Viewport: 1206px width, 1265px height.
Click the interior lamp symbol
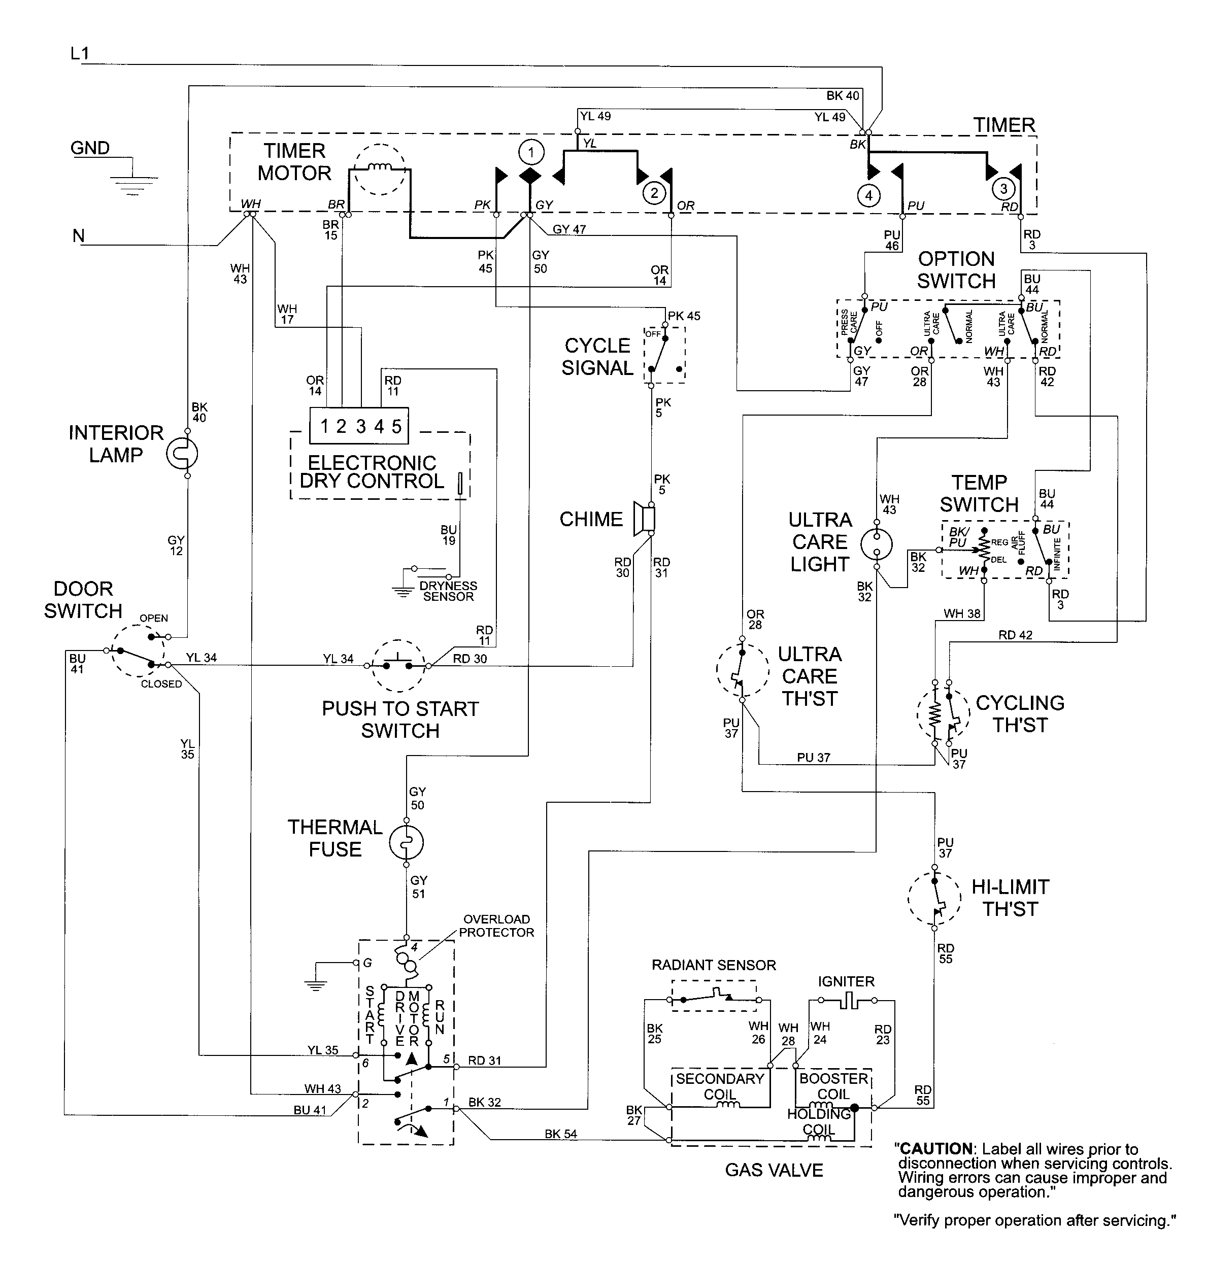182,454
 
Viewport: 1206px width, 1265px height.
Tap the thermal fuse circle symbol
406,843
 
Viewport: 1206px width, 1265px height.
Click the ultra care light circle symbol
877,544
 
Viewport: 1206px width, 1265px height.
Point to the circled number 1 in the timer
531,153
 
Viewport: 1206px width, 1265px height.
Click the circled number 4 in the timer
868,195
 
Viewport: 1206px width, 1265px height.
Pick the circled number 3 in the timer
1003,189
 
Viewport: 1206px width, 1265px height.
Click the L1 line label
80,54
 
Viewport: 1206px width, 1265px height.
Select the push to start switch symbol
398,665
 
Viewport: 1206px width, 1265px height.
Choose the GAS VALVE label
774,1170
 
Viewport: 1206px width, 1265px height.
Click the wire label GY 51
419,887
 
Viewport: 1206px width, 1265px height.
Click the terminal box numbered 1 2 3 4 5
359,426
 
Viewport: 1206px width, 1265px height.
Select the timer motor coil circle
381,169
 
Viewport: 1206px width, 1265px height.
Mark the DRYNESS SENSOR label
448,591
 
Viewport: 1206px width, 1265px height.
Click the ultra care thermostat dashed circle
743,670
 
